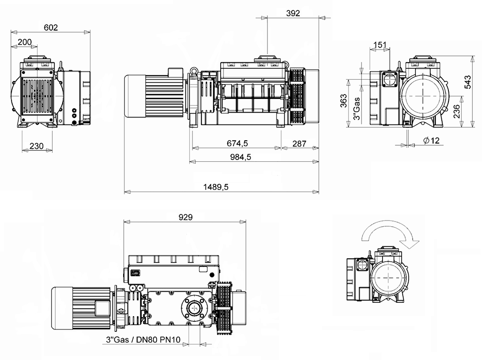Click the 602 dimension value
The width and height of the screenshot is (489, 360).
(51, 28)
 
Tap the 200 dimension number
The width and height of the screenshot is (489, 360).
(24, 42)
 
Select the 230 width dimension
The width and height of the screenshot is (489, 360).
(37, 146)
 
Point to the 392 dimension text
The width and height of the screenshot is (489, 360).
(292, 13)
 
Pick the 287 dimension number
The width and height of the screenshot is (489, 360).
(299, 143)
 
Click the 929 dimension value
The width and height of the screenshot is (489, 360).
(185, 217)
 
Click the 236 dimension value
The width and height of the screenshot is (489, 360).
(457, 112)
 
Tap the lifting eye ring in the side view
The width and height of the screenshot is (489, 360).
(194, 72)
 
